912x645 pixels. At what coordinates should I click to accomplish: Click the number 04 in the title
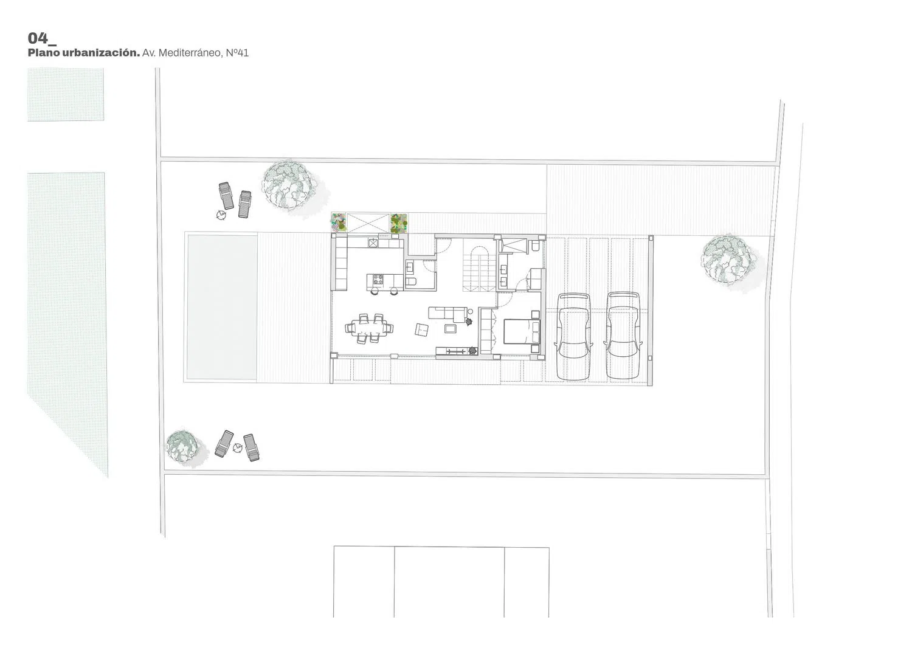pyautogui.click(x=38, y=38)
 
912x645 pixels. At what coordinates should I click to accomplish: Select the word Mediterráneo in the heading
pyautogui.click(x=190, y=53)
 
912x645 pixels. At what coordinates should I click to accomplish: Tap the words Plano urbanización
pyautogui.click(x=84, y=53)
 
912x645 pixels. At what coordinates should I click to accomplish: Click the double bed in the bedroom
pyautogui.click(x=522, y=331)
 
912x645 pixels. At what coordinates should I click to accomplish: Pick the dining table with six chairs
pyautogui.click(x=370, y=328)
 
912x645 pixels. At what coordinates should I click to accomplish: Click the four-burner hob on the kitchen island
pyautogui.click(x=376, y=280)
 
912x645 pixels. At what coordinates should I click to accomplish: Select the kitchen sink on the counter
pyautogui.click(x=373, y=243)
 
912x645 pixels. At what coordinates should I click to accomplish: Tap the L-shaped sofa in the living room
pyautogui.click(x=447, y=314)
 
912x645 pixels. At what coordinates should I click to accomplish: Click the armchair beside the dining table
pyautogui.click(x=422, y=329)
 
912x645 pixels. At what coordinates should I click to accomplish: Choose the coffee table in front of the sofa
pyautogui.click(x=451, y=328)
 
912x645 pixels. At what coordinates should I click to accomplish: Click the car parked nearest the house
pyautogui.click(x=574, y=337)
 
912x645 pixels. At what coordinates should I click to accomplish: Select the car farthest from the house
pyautogui.click(x=623, y=336)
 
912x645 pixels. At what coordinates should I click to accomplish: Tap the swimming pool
pyautogui.click(x=222, y=307)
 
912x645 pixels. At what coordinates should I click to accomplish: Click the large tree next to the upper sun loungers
pyautogui.click(x=289, y=185)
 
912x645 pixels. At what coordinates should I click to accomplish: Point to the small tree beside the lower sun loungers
pyautogui.click(x=182, y=447)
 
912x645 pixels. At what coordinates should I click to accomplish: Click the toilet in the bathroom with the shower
pyautogui.click(x=536, y=246)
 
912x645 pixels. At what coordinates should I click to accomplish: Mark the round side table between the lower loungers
pyautogui.click(x=237, y=448)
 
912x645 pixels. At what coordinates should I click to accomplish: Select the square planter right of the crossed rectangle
pyautogui.click(x=399, y=223)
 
